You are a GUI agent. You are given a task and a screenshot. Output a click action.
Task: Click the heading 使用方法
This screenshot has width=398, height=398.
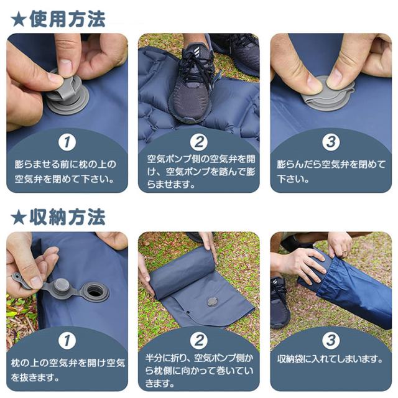[x=67, y=19]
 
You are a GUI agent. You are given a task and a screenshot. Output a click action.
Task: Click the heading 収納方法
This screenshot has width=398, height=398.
[x=67, y=217]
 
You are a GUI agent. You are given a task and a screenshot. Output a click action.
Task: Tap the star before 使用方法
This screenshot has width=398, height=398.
[x=19, y=20]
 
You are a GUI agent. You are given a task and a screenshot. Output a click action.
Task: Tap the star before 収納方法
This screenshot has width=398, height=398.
[x=19, y=218]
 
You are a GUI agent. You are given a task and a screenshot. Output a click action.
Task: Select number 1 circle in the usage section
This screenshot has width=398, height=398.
[x=67, y=142]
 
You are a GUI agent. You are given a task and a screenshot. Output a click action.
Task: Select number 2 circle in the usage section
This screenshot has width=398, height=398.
[x=199, y=142]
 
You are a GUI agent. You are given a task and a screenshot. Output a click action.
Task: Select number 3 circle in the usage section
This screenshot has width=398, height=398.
[x=331, y=142]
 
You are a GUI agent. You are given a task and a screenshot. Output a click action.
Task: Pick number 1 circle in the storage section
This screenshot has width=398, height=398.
[x=67, y=340]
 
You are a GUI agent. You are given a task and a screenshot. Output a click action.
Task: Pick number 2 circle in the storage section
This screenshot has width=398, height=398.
[x=199, y=340]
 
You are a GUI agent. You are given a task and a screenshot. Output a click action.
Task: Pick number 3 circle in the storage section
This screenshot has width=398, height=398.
[x=331, y=340]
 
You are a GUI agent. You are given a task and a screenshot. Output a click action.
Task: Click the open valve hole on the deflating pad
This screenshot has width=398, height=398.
[x=95, y=291]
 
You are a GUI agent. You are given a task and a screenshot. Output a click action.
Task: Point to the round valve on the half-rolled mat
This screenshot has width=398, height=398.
[x=212, y=301]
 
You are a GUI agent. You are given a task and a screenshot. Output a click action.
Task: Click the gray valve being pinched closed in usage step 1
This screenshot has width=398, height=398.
[x=68, y=94]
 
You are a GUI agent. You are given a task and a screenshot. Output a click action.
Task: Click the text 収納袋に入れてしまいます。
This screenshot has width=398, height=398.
[x=330, y=359]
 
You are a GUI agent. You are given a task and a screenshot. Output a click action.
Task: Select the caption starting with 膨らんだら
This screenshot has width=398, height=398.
[x=330, y=172]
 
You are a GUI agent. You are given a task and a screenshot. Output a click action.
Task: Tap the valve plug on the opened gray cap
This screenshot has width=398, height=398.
[x=61, y=285]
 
